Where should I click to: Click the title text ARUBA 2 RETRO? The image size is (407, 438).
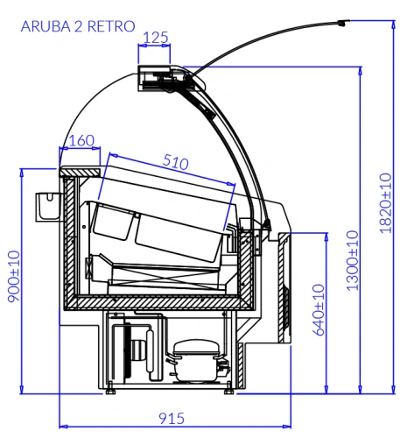click(78, 26)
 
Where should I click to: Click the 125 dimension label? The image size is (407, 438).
click(156, 38)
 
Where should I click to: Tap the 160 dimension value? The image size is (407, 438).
click(81, 141)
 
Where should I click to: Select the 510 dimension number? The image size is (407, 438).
click(175, 162)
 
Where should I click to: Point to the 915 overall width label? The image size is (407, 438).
click(172, 419)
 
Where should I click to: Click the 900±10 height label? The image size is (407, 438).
click(14, 276)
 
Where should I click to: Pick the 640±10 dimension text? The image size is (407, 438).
click(319, 310)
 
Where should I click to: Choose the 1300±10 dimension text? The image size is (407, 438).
click(352, 260)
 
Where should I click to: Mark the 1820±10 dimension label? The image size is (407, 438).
click(385, 203)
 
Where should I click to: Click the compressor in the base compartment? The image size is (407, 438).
click(196, 361)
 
